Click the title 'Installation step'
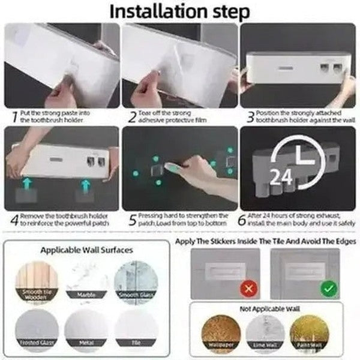180,11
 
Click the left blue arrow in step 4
28,182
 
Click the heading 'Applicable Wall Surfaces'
87,250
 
